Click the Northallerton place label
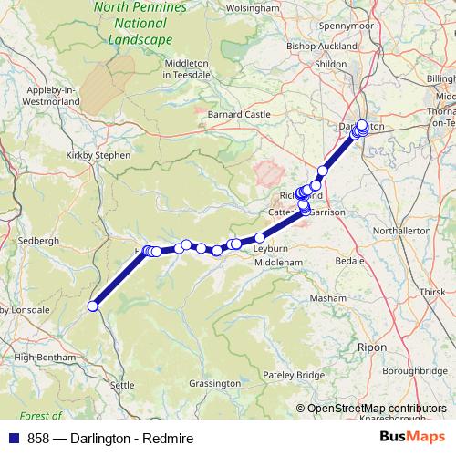pos(399,231)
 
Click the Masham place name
pos(328,298)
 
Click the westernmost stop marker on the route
pos(92,306)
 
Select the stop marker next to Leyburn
pos(260,238)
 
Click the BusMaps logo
pos(412,438)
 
